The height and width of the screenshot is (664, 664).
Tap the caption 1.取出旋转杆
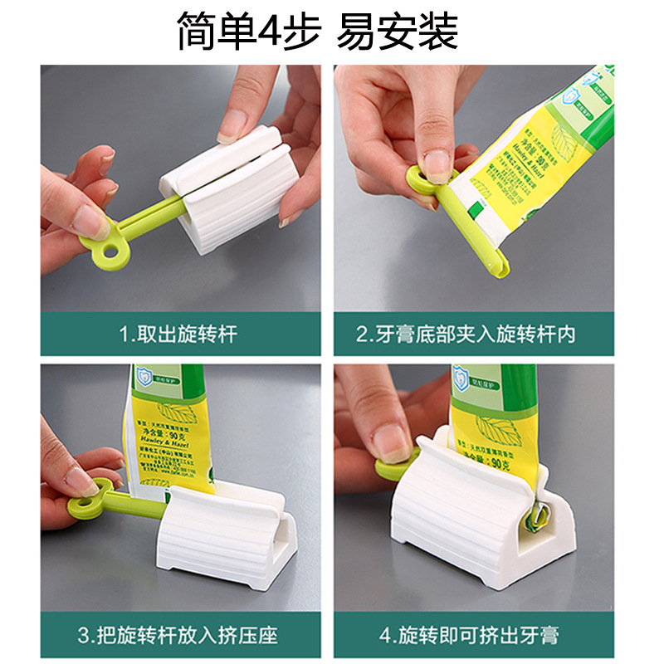[x=178, y=334]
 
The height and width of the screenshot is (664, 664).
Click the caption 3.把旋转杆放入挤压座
[x=178, y=636]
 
